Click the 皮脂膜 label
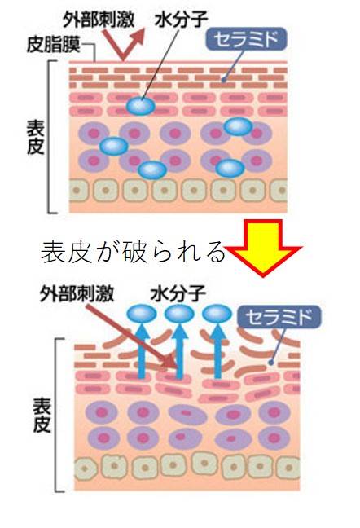pos(53,45)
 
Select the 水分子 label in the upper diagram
pos(181,19)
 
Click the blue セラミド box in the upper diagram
pos(246,39)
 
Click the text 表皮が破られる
pos(133,252)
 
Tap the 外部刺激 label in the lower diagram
pos(77,293)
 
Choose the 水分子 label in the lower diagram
pos(178,293)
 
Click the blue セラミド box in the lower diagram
pos(279,317)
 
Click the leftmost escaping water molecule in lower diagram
pos(142,314)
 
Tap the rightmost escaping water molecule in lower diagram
pos(217,314)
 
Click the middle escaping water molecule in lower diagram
pos(179,314)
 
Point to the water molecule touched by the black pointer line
pos(141,106)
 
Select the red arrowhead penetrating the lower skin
pos(169,363)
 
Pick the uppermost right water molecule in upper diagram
pos(238,126)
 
